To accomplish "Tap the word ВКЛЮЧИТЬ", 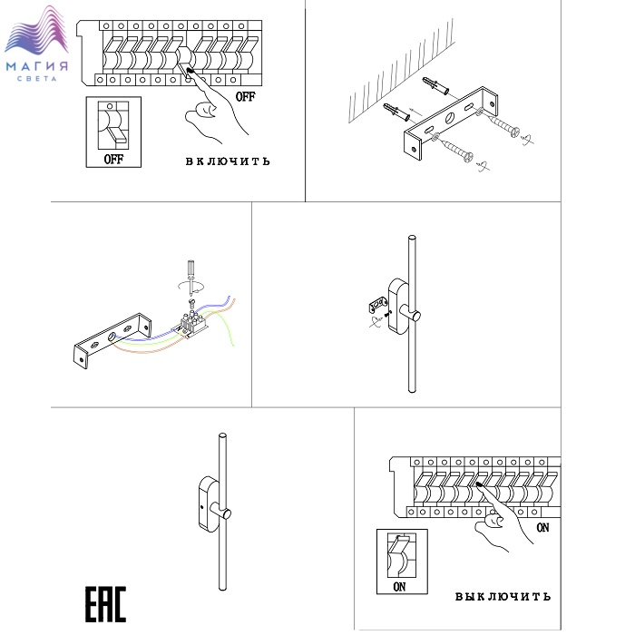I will [x=228, y=161].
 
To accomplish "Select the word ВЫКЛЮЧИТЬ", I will [x=502, y=596].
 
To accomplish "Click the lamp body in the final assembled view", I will [x=208, y=503].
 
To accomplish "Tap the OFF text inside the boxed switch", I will [x=113, y=158].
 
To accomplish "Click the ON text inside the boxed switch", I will [x=400, y=587].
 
